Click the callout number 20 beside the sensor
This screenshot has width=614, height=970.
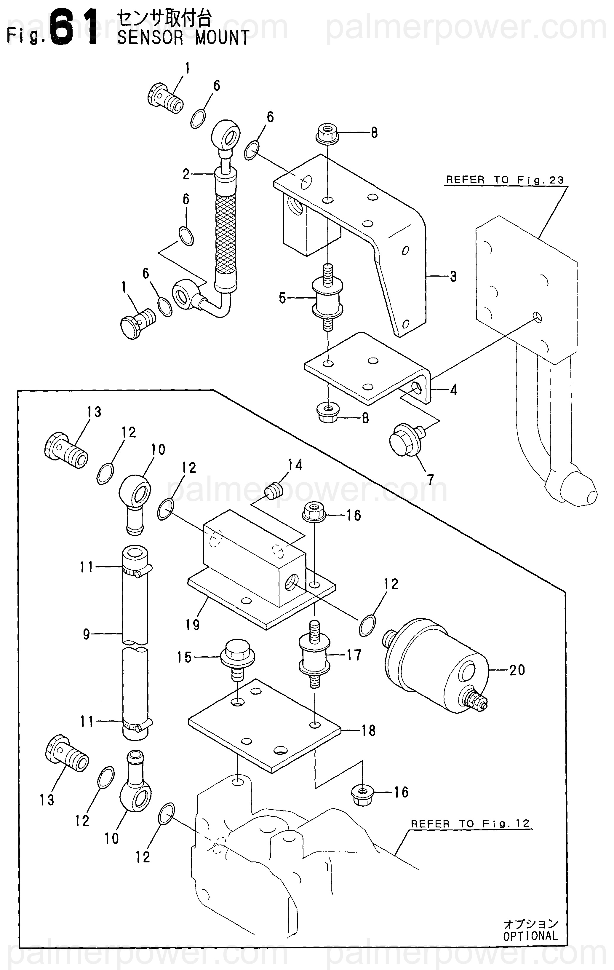point(517,670)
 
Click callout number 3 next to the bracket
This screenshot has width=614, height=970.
point(453,276)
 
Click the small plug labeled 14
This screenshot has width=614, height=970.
point(274,491)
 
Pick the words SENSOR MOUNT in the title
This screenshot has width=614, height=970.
point(183,37)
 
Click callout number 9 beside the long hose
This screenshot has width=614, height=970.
point(87,634)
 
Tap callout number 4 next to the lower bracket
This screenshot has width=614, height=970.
point(454,390)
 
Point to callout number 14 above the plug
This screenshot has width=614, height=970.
point(295,465)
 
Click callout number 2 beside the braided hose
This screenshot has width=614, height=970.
point(186,174)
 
